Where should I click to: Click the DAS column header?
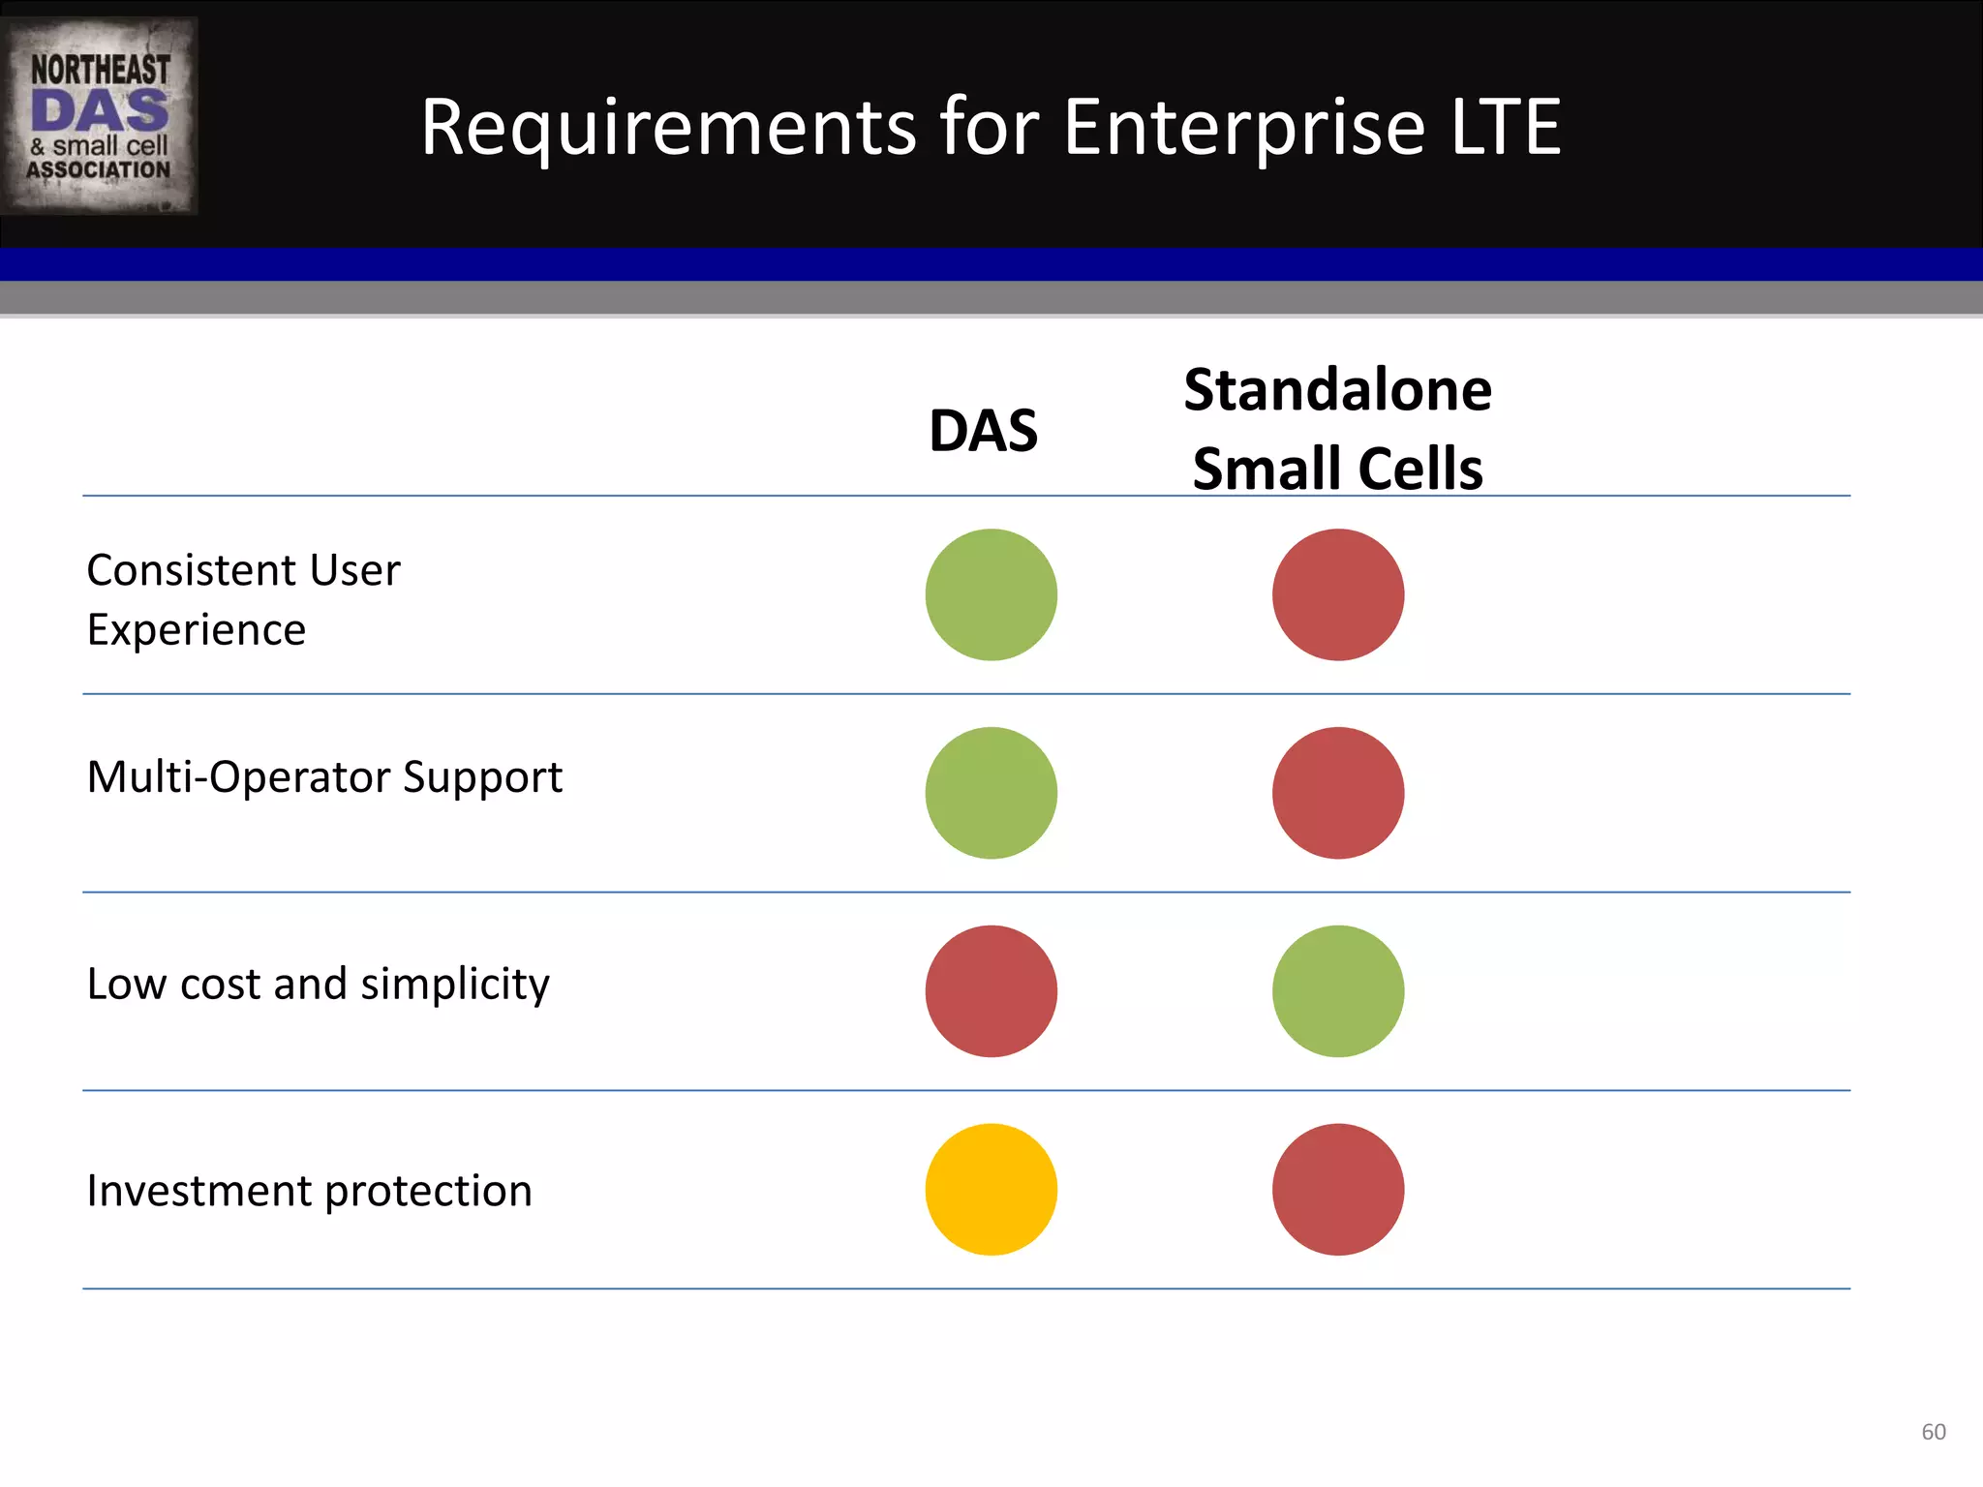983,431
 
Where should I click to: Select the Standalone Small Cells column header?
1337,429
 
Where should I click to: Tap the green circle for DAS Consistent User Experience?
991,594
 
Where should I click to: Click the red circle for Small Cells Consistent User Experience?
1338,594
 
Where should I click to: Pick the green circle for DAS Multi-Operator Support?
991,793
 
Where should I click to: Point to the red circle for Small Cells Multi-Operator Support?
1338,793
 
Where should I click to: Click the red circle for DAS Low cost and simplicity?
991,991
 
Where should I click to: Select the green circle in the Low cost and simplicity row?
1338,991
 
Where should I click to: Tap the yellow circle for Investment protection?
991,1190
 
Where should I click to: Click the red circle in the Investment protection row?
1338,1190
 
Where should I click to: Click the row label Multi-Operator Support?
324,777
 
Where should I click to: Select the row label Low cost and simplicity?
318,985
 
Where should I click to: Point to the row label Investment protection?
309,1191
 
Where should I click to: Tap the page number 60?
1933,1432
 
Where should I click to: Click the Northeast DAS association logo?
100,116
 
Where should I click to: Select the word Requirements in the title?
668,127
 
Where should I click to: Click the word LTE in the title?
1505,127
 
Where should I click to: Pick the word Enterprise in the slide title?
1243,127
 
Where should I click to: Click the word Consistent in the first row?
191,570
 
